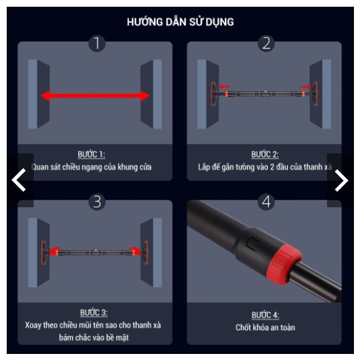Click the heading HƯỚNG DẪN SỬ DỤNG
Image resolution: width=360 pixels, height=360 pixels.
click(180, 22)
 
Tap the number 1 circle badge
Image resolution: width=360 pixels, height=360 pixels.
click(97, 43)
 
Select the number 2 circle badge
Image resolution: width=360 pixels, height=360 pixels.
click(266, 43)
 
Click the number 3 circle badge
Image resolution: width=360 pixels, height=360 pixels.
click(97, 202)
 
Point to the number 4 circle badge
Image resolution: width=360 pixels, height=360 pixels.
click(266, 202)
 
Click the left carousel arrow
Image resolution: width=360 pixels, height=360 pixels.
click(19, 180)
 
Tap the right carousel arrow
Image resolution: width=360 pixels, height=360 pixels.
click(341, 180)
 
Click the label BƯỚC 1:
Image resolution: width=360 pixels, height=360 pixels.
click(92, 154)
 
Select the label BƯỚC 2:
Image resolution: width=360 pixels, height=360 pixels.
click(264, 154)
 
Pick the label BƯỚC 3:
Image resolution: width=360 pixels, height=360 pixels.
click(94, 313)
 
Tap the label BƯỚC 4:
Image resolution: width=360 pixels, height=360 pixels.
click(265, 315)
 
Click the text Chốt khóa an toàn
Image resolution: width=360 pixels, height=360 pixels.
click(265, 328)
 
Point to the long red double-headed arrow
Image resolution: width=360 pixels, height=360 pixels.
click(95, 96)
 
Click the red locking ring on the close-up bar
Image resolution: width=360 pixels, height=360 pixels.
click(284, 264)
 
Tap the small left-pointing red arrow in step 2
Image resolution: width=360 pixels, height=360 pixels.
click(225, 87)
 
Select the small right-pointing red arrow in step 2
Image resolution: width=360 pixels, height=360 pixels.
click(305, 87)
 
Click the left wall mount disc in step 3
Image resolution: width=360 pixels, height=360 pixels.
click(44, 252)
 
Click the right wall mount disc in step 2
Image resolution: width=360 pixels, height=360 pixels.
click(315, 94)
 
